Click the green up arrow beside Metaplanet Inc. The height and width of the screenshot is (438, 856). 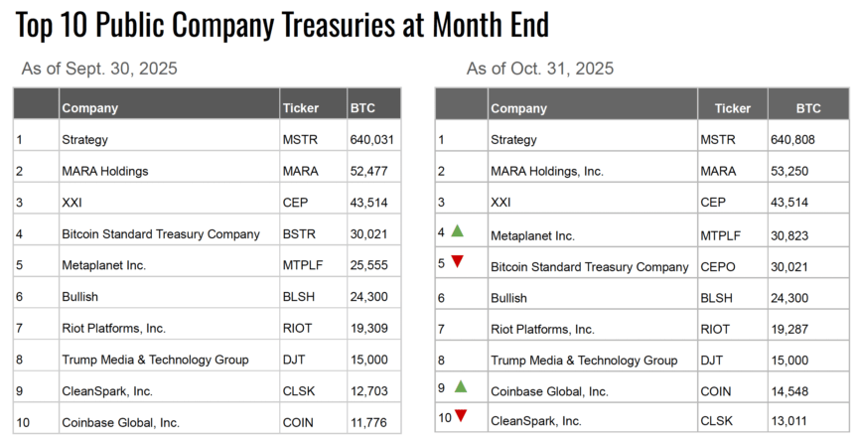pyautogui.click(x=458, y=231)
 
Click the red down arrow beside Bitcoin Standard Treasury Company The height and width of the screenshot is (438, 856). pyautogui.click(x=458, y=262)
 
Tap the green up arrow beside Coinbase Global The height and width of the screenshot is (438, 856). pyautogui.click(x=459, y=386)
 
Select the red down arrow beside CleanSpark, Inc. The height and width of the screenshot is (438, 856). pyautogui.click(x=461, y=416)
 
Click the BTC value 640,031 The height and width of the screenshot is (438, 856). pyautogui.click(x=372, y=140)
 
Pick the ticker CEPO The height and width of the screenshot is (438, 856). pyautogui.click(x=721, y=267)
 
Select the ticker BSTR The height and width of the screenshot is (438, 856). pyautogui.click(x=300, y=234)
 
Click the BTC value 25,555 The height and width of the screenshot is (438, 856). pyautogui.click(x=369, y=266)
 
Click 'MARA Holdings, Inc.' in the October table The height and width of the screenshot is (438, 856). pyautogui.click(x=546, y=172)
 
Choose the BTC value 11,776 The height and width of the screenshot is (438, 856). pyautogui.click(x=369, y=423)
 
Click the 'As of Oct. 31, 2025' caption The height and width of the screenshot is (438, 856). pyautogui.click(x=540, y=69)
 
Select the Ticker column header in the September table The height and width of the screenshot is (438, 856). pyautogui.click(x=301, y=108)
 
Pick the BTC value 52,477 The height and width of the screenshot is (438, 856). pyautogui.click(x=369, y=172)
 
